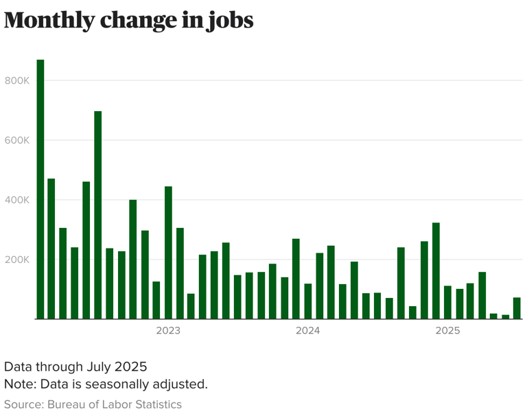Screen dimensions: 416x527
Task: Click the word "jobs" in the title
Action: (229, 21)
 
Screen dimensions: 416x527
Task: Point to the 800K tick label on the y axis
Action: (16, 80)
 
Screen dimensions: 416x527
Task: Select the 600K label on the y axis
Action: (16, 140)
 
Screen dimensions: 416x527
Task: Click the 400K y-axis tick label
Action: (16, 200)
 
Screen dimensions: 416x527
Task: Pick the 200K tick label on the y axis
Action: (16, 259)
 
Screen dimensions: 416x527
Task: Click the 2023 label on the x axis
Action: (168, 331)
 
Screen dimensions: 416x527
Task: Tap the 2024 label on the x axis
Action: (308, 331)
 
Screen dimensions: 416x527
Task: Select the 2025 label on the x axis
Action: (447, 331)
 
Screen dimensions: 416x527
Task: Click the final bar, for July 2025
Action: (517, 308)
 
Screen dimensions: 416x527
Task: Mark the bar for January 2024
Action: (308, 301)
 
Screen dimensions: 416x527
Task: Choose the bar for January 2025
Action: (447, 302)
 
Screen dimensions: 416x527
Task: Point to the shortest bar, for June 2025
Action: (506, 316)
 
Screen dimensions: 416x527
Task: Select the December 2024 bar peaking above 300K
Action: (436, 270)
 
